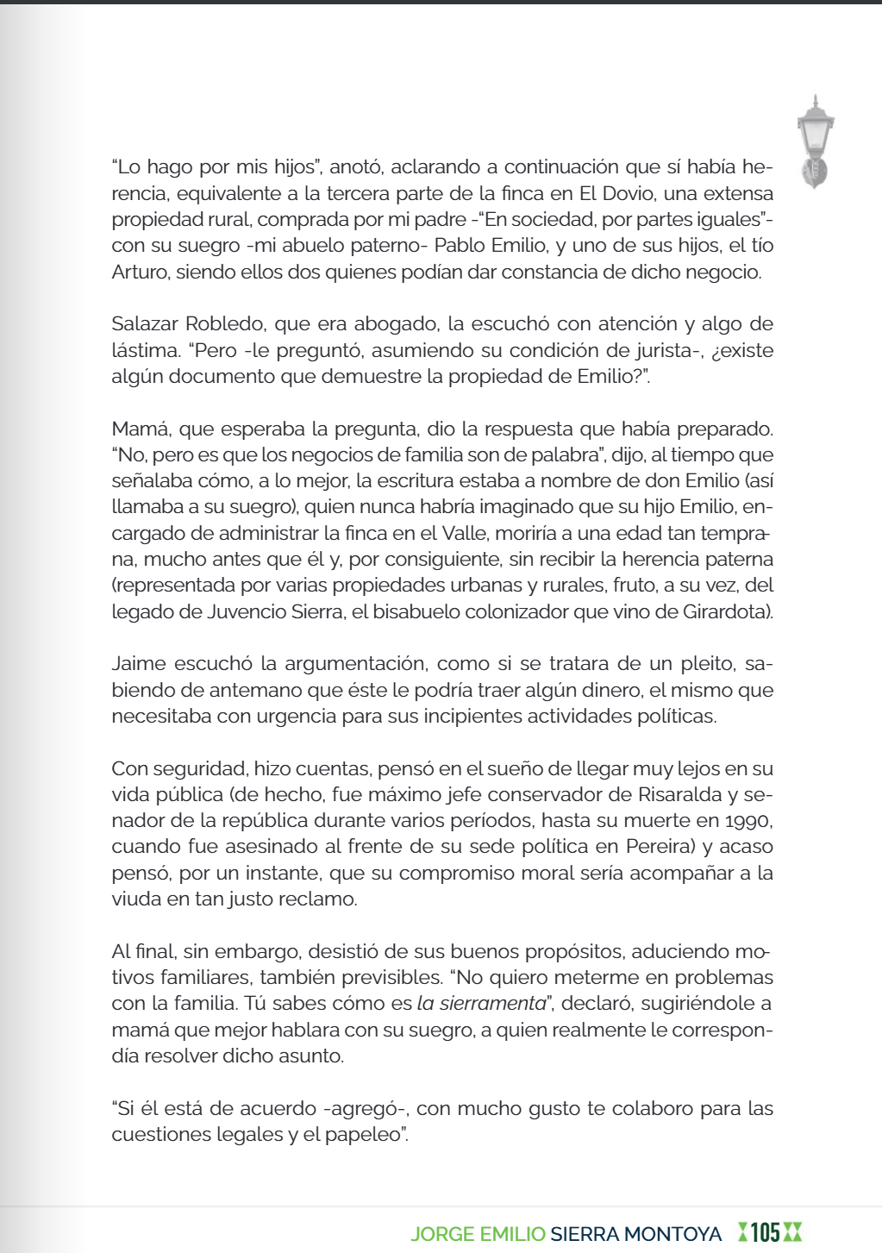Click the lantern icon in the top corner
[815, 141]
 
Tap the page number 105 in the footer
[765, 1232]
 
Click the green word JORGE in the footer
[442, 1234]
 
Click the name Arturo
[141, 273]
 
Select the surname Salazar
[145, 324]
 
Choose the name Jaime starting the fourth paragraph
[138, 664]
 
